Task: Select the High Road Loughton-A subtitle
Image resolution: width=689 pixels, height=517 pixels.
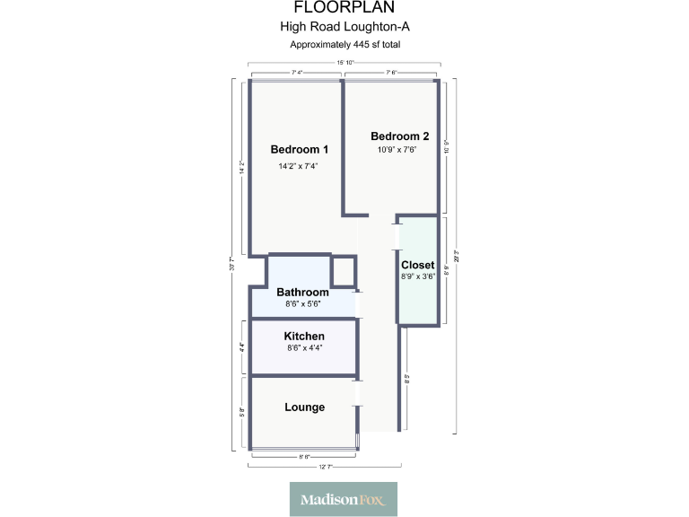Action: tap(344, 28)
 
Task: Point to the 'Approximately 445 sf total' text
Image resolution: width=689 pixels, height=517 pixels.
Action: tap(344, 44)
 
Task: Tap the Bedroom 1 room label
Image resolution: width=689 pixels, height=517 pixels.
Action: tap(300, 149)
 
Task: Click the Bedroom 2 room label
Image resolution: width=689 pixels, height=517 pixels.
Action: tap(399, 136)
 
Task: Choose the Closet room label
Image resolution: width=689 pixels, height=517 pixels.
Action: tap(417, 265)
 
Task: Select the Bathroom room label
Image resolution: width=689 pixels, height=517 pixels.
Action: tap(302, 292)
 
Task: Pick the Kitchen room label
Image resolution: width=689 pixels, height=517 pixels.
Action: tap(304, 336)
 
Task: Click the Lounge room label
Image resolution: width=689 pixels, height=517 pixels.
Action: tap(304, 407)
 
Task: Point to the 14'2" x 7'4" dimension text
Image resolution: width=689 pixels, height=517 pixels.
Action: tap(300, 166)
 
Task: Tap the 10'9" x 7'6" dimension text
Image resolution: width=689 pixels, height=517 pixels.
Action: tap(399, 150)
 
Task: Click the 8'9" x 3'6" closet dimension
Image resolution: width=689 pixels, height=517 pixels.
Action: tap(417, 276)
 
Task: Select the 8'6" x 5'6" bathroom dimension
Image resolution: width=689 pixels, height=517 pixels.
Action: tap(302, 303)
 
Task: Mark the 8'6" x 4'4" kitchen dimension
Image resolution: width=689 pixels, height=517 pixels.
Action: tap(304, 347)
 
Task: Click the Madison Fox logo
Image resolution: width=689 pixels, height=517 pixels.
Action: tap(344, 499)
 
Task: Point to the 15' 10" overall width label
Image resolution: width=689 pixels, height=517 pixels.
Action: tap(345, 63)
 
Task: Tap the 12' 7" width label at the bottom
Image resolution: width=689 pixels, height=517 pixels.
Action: tap(325, 467)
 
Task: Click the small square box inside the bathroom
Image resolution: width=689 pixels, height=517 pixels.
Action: tap(344, 270)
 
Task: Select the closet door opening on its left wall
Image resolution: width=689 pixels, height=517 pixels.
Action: tap(397, 235)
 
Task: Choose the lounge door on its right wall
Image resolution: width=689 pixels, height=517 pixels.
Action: tap(358, 392)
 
